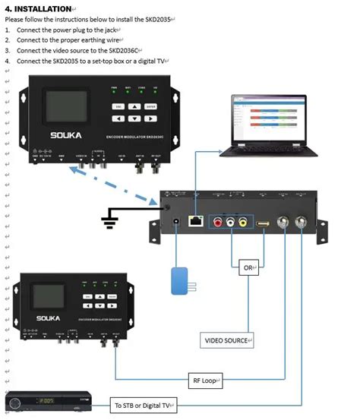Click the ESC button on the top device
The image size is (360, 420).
coord(119,107)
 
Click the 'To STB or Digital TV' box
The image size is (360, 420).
coord(142,406)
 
